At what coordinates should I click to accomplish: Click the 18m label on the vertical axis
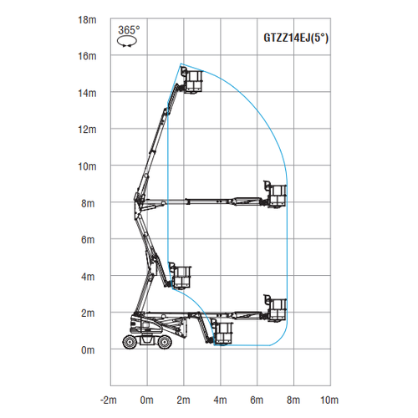[87, 20]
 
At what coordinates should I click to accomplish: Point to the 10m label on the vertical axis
[87, 166]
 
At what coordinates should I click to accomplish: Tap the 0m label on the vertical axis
[88, 350]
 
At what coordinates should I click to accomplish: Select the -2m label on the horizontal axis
[109, 400]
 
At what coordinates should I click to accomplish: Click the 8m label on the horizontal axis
[293, 400]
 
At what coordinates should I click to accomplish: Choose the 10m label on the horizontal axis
[329, 400]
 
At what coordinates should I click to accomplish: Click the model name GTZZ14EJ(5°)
[296, 38]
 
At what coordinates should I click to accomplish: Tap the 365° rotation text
[129, 30]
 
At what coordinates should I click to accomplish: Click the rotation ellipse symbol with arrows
[127, 42]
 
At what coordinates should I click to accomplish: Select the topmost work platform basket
[192, 80]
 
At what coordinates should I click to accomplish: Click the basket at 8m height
[275, 195]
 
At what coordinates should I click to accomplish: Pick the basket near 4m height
[181, 276]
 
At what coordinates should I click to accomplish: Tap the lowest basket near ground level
[222, 332]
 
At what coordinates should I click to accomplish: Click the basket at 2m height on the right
[275, 308]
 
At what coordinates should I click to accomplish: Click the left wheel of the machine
[130, 342]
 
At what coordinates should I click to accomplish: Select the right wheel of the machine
[165, 342]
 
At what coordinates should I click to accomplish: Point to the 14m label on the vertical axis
[87, 94]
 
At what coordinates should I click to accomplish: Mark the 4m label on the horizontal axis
[220, 400]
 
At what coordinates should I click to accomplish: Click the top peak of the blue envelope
[181, 64]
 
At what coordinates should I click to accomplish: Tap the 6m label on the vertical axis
[88, 240]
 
